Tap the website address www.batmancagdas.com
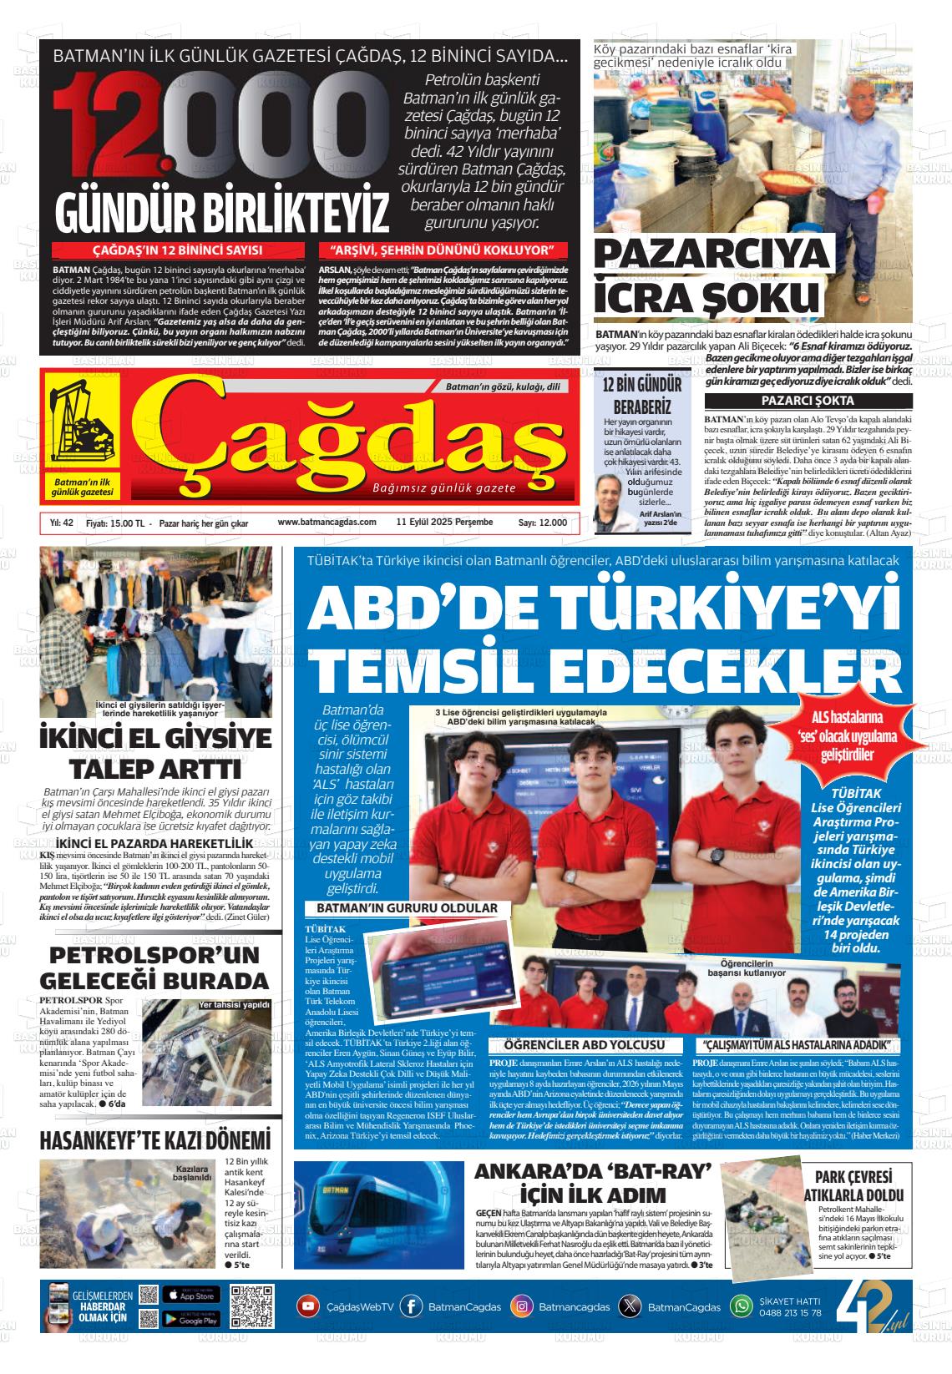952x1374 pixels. click(x=327, y=523)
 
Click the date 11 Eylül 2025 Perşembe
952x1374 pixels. click(x=444, y=523)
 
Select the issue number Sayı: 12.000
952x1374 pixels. click(x=543, y=523)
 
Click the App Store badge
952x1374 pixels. click(x=190, y=1296)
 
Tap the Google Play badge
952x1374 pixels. click(x=190, y=1320)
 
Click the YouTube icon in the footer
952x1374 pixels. click(x=309, y=1306)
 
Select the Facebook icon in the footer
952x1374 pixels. click(x=411, y=1306)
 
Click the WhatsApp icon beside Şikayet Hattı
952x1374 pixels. click(x=742, y=1306)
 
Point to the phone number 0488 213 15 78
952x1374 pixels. click(x=791, y=1313)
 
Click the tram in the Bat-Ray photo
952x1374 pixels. click(x=376, y=1211)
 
